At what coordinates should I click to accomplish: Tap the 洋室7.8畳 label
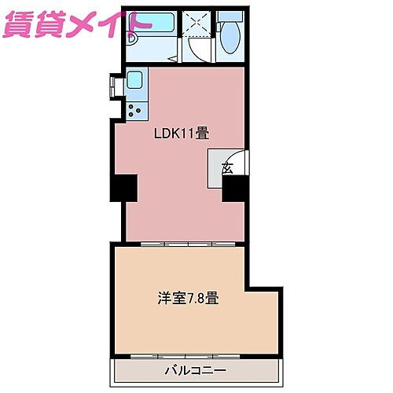pos(188,299)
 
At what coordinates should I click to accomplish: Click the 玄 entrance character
pos(227,167)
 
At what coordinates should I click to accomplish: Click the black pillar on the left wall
pos(123,189)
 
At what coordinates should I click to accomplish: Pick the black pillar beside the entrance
pos(235,189)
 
